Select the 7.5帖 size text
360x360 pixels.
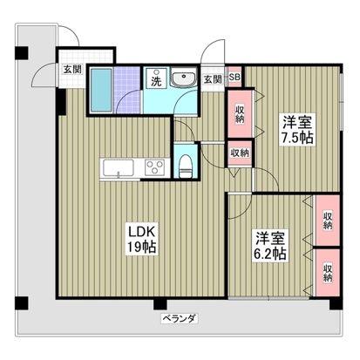(x=296, y=138)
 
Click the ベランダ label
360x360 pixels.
(x=178, y=319)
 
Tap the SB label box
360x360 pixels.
(x=234, y=78)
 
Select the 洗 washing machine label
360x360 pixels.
(x=156, y=80)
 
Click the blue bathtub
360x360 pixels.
(x=101, y=88)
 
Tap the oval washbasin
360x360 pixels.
(x=185, y=81)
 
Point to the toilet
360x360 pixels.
(x=184, y=162)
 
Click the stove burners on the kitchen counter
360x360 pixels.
(x=154, y=167)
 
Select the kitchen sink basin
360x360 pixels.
(x=116, y=168)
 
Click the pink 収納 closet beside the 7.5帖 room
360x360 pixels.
(x=239, y=113)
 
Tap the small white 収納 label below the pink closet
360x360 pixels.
(x=239, y=153)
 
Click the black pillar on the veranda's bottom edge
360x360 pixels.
(x=160, y=304)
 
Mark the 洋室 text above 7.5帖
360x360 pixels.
(x=295, y=121)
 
